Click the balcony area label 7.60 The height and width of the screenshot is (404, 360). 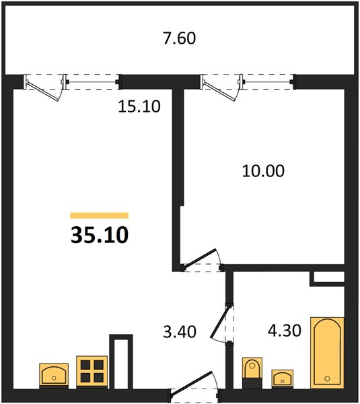pos(180,38)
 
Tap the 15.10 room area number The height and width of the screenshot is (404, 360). pos(139,106)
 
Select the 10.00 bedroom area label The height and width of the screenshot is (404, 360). pos(263,171)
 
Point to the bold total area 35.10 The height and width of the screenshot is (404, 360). pos(100,235)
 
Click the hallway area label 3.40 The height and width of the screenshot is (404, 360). pos(180,331)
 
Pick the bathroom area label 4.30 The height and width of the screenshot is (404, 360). pos(284,331)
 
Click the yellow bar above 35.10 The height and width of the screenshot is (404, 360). pos(100,215)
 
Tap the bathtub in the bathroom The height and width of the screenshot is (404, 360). pos(327,353)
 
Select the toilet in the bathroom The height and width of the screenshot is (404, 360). pos(252,372)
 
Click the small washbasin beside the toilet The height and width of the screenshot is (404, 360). pos(283,378)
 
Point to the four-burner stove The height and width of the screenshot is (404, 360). pos(92,371)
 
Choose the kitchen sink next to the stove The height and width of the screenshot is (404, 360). pos(54,375)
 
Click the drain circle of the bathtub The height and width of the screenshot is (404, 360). pos(327,378)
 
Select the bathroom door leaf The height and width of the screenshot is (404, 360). pos(219,323)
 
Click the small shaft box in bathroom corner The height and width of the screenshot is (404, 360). pos(327,278)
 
